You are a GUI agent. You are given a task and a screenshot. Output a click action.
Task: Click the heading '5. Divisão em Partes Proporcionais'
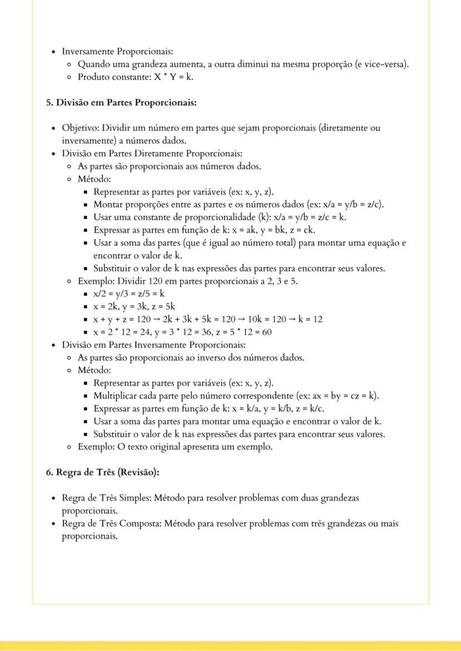click(x=121, y=102)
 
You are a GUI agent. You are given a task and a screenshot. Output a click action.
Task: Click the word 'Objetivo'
click(x=80, y=128)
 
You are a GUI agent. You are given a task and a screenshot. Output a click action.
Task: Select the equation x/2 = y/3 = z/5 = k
click(x=129, y=294)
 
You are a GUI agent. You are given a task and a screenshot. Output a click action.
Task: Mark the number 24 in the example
click(x=144, y=332)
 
